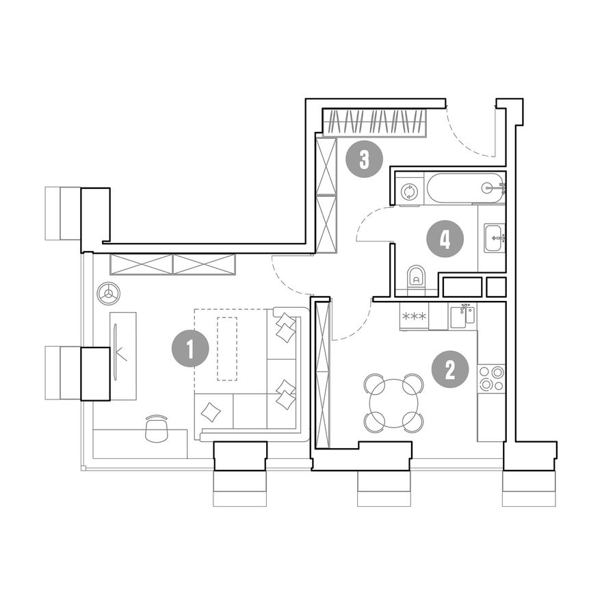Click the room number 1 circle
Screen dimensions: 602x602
pyautogui.click(x=190, y=349)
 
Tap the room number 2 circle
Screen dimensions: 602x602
pyautogui.click(x=450, y=369)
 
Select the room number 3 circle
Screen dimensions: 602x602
pyautogui.click(x=365, y=159)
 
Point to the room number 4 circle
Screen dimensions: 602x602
pyautogui.click(x=445, y=239)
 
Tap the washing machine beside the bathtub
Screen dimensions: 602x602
pyautogui.click(x=409, y=191)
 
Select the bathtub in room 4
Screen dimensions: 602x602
pyautogui.click(x=465, y=188)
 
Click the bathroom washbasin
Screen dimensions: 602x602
pyautogui.click(x=494, y=238)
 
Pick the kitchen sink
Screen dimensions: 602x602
pyautogui.click(x=462, y=316)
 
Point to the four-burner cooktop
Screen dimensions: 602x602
pyautogui.click(x=491, y=378)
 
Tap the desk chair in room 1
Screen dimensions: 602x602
pyautogui.click(x=157, y=429)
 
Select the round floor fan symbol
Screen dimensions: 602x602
pyautogui.click(x=109, y=294)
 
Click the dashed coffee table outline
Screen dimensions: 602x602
pyautogui.click(x=227, y=349)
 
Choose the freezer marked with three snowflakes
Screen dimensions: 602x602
pyautogui.click(x=414, y=316)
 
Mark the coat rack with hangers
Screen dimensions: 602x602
pyautogui.click(x=374, y=122)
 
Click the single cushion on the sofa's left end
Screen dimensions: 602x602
pyautogui.click(x=211, y=413)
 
